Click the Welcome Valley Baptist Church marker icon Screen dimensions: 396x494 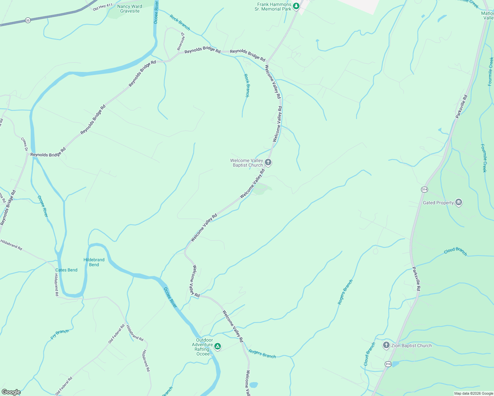point(268,162)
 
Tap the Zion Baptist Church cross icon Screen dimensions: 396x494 point(386,345)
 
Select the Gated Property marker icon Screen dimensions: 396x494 point(458,202)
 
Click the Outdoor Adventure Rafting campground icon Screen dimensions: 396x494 point(217,346)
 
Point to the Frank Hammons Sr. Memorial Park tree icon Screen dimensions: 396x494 point(296,6)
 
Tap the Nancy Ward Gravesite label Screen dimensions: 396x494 point(130,9)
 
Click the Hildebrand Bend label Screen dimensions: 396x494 point(94,262)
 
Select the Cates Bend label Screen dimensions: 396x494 point(66,270)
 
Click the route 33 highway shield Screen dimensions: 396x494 point(28,20)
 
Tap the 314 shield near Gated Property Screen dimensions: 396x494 point(424,189)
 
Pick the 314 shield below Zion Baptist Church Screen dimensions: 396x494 point(388,364)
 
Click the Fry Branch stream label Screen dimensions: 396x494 point(60,334)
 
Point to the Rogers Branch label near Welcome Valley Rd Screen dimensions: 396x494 point(262,354)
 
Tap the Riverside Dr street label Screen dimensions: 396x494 point(181,41)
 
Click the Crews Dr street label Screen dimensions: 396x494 point(24,145)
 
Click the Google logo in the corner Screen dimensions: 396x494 point(11,392)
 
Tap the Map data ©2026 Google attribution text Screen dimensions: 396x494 point(474,393)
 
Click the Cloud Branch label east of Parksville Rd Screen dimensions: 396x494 point(455,251)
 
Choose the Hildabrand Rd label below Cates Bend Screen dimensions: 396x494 point(56,284)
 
